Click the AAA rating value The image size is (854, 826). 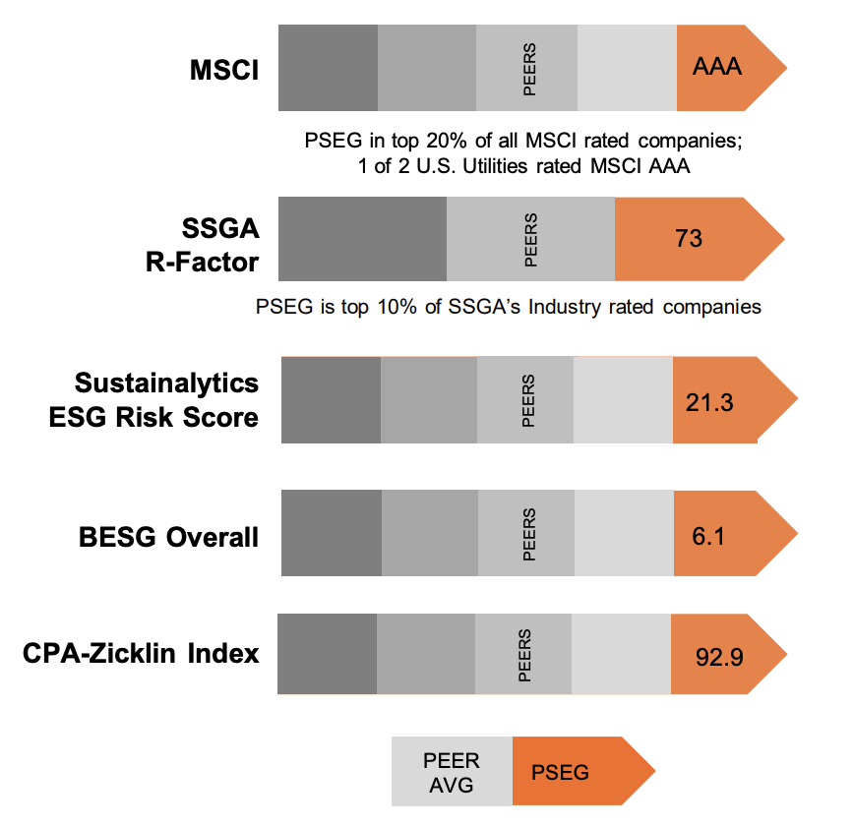point(716,67)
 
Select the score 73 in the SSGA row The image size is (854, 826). point(689,238)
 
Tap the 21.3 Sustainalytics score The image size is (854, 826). point(707,403)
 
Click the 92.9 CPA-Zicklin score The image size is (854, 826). point(718,657)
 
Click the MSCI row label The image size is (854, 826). point(224,70)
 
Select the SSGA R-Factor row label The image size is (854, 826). point(220,246)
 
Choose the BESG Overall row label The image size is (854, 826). point(169,537)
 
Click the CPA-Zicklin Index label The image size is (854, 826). point(141,652)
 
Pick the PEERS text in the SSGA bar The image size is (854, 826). point(531,239)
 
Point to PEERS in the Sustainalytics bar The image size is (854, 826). point(528,401)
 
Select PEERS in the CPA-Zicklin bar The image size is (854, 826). point(524,656)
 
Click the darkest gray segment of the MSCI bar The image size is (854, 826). point(329,67)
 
